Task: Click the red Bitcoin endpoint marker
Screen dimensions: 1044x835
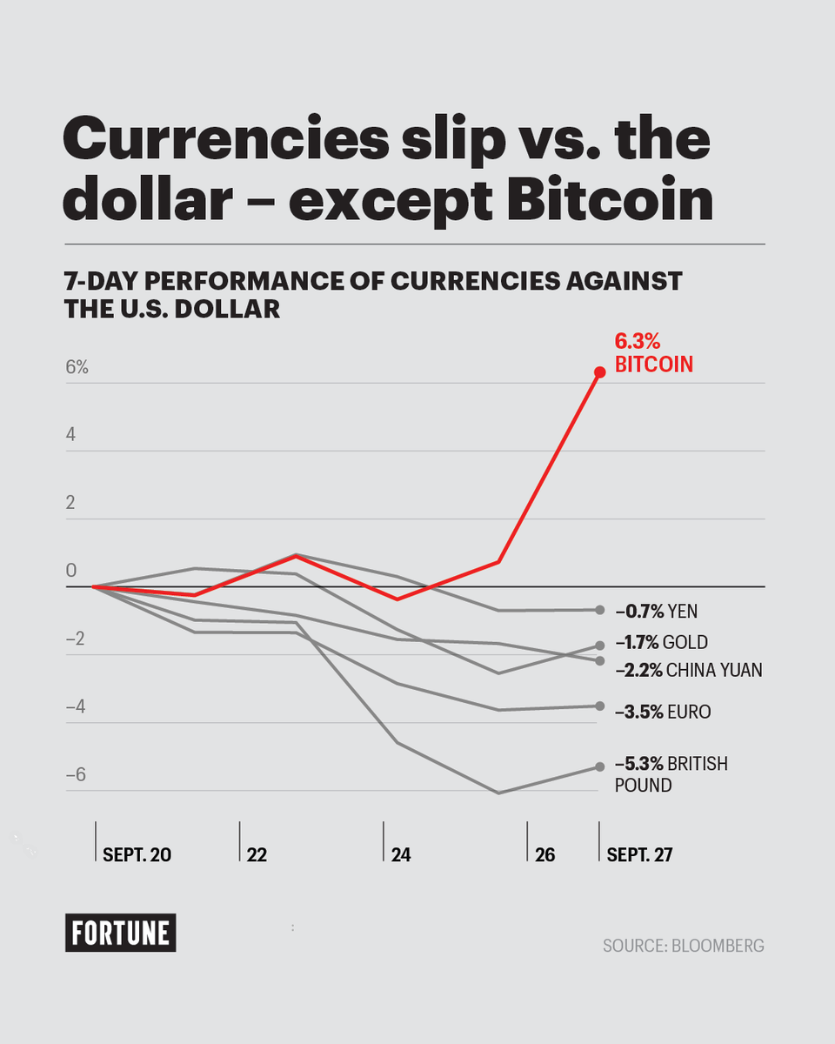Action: coord(599,372)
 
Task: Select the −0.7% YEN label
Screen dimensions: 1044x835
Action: coord(656,612)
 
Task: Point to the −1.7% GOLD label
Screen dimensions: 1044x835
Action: coord(661,643)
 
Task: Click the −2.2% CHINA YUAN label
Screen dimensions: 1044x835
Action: coord(688,670)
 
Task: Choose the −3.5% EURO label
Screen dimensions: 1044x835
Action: coord(662,713)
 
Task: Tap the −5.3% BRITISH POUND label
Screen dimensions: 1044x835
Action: coord(671,774)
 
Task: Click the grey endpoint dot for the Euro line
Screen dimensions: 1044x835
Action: coord(599,706)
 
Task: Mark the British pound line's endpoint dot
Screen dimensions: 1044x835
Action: coord(598,766)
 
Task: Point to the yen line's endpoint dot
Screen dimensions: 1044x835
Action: coord(599,610)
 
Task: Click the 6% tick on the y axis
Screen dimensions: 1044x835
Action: coord(77,367)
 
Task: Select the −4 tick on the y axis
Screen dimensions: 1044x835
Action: coord(77,706)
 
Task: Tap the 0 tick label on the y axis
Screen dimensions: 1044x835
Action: coord(72,571)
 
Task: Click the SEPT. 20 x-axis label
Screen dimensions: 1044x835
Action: coord(137,855)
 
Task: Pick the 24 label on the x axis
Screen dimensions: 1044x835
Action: coord(401,855)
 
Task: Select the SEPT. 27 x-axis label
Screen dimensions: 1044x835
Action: coord(639,855)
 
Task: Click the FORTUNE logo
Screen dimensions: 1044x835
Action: coord(120,933)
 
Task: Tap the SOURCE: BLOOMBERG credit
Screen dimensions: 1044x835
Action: coord(683,945)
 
